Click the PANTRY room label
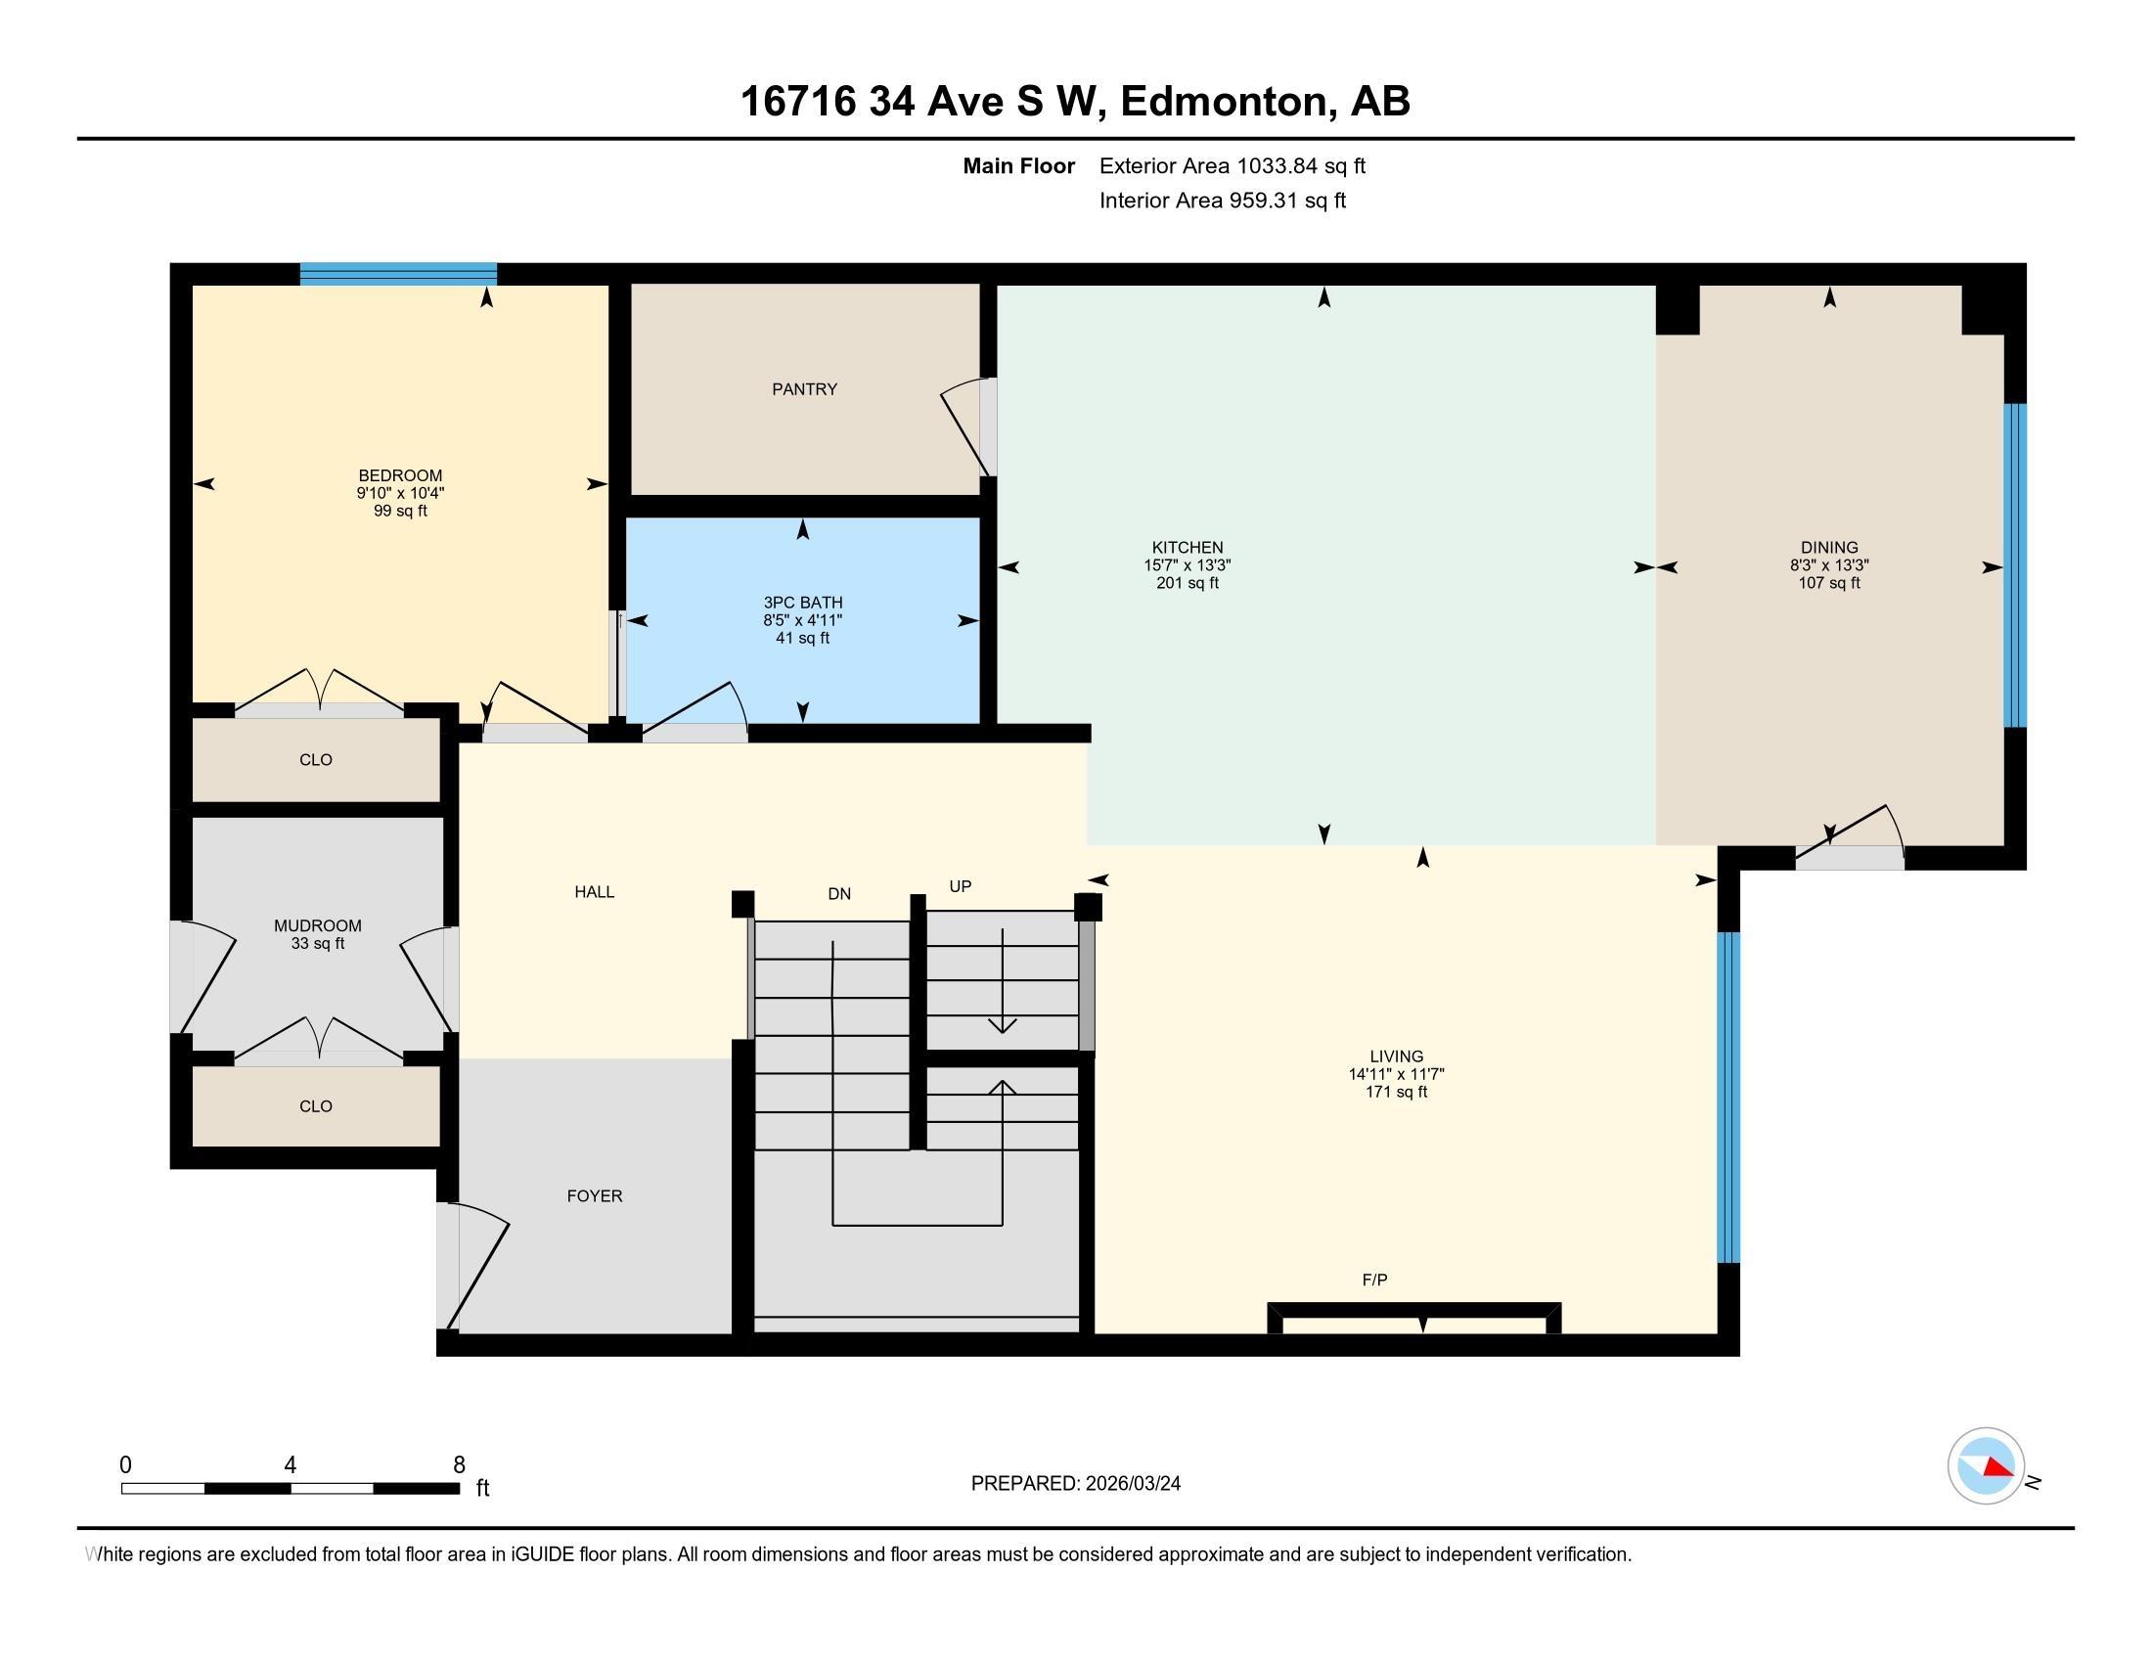click(x=804, y=389)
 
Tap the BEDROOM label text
click(x=400, y=475)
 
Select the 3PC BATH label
click(x=803, y=603)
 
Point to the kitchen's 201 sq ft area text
click(x=1188, y=583)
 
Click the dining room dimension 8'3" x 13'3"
click(x=1830, y=565)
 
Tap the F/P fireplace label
click(x=1374, y=1280)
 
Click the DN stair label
click(x=839, y=893)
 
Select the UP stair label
click(x=961, y=886)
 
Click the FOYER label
click(x=594, y=1196)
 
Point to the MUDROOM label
click(x=317, y=926)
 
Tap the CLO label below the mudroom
click(x=315, y=1106)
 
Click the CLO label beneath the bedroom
click(x=315, y=759)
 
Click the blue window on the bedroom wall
click(x=398, y=274)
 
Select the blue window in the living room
click(x=1728, y=1098)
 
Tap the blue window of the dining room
click(x=2015, y=565)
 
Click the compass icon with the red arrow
click(x=1987, y=1465)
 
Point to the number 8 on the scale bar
click(x=458, y=1465)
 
